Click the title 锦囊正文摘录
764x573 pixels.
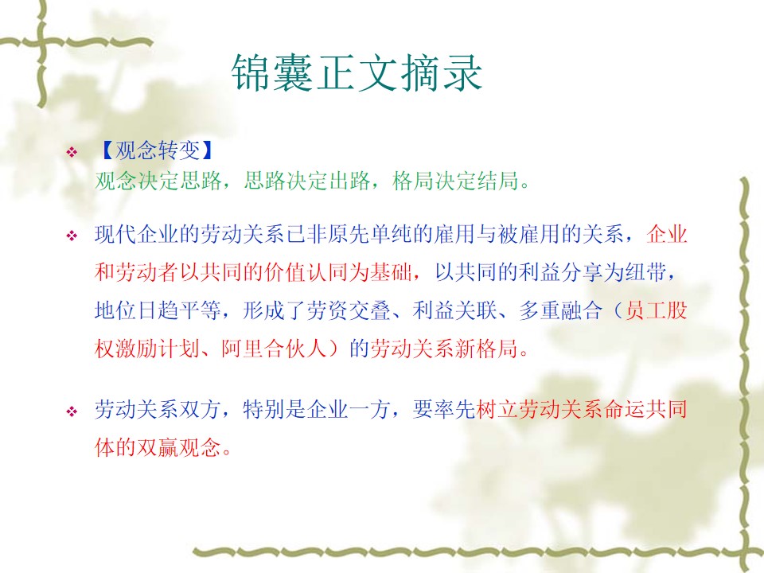[357, 72]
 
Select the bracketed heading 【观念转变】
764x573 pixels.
[156, 150]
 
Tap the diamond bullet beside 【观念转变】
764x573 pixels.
[72, 152]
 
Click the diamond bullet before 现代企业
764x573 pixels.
[72, 236]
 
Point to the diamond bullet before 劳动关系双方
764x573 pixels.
[72, 411]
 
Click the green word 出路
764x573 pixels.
[349, 181]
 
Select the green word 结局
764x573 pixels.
[497, 181]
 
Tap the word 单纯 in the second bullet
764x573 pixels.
[392, 234]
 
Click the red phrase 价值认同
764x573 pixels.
[307, 272]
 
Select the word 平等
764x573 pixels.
[201, 310]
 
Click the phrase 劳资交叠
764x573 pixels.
[349, 310]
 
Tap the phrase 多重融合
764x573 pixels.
[561, 310]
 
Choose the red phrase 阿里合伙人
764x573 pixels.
[275, 348]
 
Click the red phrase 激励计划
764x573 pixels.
[158, 348]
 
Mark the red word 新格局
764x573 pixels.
[487, 348]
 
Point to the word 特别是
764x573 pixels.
[275, 409]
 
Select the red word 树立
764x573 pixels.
[497, 409]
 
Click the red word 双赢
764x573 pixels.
[158, 446]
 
